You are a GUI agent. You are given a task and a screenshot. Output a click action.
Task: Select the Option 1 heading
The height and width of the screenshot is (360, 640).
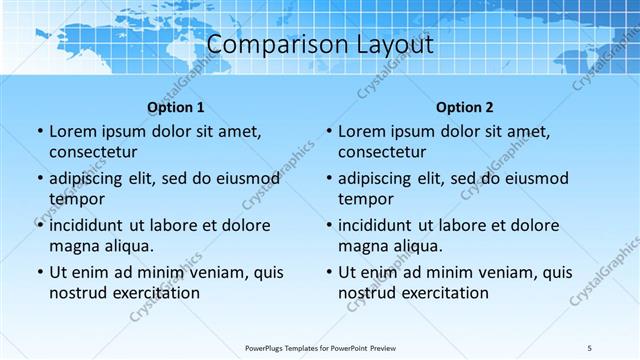coord(176,107)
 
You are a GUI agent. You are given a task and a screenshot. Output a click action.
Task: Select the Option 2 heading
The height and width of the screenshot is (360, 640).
coord(465,107)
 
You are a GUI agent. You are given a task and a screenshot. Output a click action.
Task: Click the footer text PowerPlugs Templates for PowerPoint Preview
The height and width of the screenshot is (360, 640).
coord(320,347)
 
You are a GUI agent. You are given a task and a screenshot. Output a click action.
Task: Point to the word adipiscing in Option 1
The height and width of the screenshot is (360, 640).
coord(89,178)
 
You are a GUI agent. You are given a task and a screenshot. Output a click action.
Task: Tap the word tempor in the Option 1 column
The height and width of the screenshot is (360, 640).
coord(76,199)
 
